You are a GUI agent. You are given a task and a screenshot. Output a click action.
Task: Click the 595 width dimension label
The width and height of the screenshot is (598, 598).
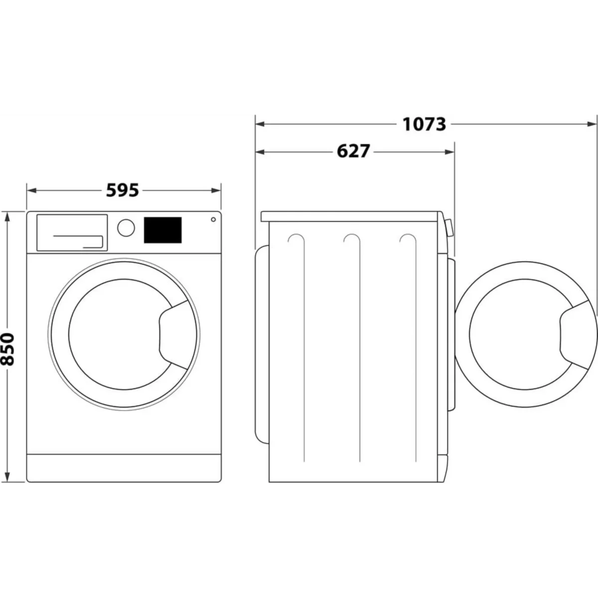pos(123,190)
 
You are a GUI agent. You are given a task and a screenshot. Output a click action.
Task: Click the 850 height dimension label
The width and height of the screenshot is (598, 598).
pos(7,349)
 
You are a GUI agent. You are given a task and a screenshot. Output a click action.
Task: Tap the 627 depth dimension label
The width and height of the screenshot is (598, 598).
pos(353,151)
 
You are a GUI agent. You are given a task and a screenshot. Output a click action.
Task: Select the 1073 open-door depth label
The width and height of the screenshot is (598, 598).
pos(424,124)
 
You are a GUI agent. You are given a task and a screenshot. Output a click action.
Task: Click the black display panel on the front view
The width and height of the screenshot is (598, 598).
pos(162,230)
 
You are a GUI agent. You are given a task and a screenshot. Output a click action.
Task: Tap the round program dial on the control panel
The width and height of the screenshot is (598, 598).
pos(126,228)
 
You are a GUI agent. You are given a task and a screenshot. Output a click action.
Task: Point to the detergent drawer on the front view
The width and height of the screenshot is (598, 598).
pos(72,232)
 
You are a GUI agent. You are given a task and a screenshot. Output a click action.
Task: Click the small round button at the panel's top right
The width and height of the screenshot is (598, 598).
pos(213,219)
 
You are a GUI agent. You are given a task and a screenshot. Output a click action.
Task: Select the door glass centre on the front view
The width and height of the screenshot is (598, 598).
pos(121,334)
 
